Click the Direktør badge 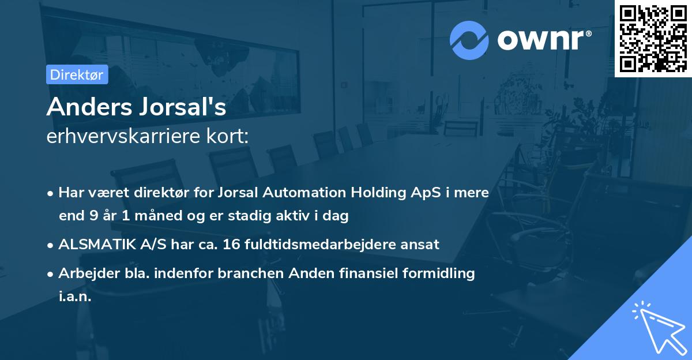click(x=77, y=74)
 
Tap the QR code click(x=653, y=38)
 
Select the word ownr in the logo click(x=540, y=40)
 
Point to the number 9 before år click(x=92, y=216)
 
